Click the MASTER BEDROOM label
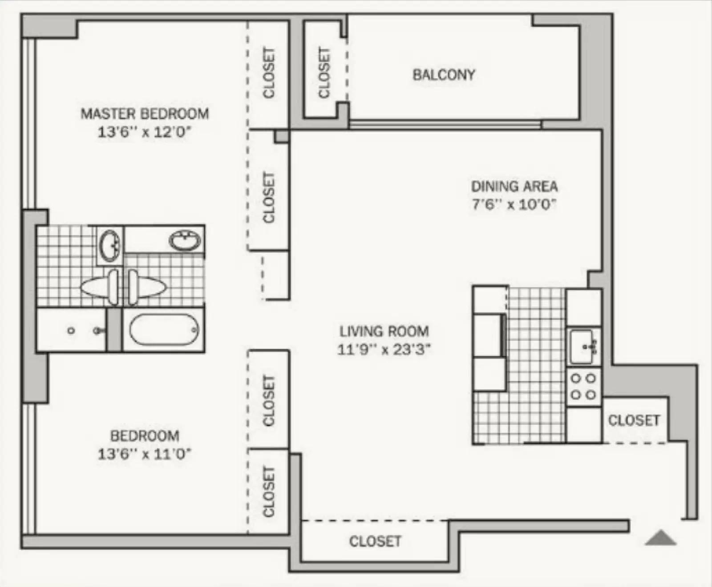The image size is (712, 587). tap(145, 114)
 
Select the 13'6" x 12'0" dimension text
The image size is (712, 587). tap(144, 132)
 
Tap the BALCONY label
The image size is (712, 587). tap(444, 75)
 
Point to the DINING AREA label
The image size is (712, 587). tap(514, 186)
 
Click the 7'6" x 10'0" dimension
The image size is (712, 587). tap(514, 204)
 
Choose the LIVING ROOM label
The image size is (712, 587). tap(384, 331)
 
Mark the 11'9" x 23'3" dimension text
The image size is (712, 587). tap(384, 350)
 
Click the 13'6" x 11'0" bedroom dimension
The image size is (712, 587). tap(144, 454)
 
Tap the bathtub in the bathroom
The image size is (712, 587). tap(164, 330)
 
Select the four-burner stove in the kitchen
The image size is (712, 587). tap(583, 386)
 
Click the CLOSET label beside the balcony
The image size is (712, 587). tap(324, 72)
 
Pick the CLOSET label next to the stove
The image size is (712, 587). tap(634, 420)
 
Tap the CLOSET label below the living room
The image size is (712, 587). tap(375, 541)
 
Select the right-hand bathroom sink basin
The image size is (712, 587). tap(185, 241)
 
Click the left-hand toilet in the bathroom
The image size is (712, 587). tap(100, 287)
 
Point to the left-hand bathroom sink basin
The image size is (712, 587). tap(109, 245)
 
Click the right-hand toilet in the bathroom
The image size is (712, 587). tap(147, 287)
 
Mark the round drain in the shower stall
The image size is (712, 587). tap(71, 331)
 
